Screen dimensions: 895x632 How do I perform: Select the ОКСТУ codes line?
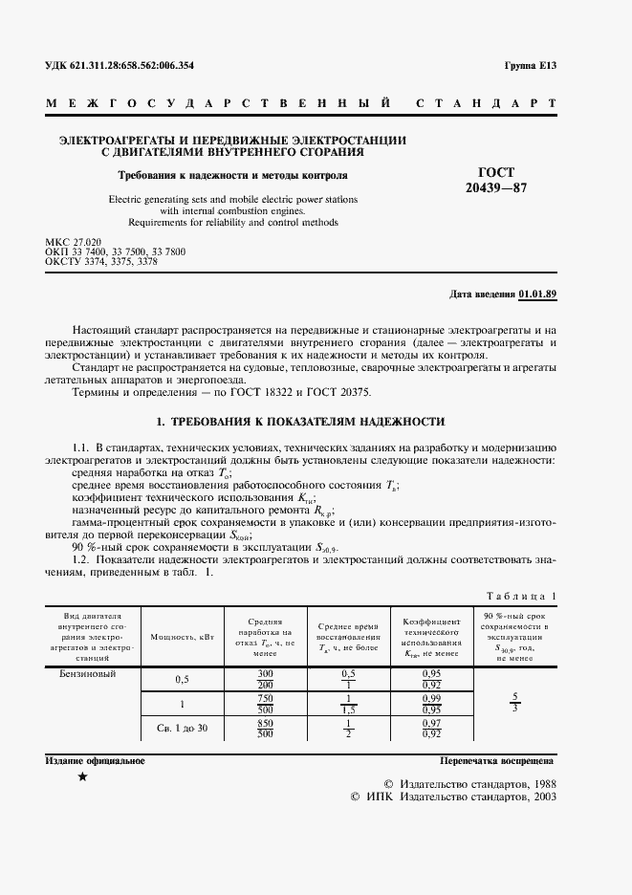click(101, 260)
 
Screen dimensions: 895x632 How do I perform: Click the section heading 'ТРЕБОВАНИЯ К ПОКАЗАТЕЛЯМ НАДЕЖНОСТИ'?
click(299, 422)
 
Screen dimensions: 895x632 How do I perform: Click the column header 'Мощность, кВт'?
click(181, 636)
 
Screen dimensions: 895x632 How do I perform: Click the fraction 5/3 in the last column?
click(516, 703)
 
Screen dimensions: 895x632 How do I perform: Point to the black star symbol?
click(82, 777)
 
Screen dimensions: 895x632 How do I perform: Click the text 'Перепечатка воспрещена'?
click(497, 761)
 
